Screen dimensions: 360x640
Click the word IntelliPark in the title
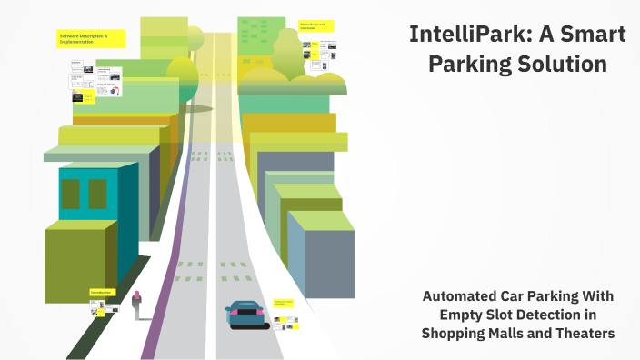460,35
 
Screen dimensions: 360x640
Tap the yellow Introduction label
101,292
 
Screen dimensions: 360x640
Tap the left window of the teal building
70,194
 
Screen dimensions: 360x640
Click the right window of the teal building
97,194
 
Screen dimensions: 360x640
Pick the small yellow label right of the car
284,303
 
